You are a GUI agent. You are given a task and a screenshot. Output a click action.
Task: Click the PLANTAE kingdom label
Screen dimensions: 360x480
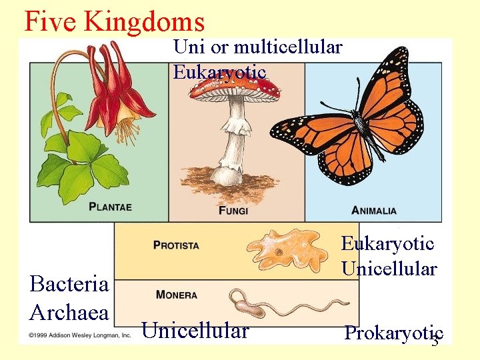(x=111, y=207)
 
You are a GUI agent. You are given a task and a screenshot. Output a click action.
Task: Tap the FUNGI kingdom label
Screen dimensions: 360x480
(x=233, y=211)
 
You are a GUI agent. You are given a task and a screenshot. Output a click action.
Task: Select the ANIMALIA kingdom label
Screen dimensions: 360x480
(x=373, y=211)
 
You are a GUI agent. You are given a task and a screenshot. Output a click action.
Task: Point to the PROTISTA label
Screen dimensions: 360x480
(x=176, y=245)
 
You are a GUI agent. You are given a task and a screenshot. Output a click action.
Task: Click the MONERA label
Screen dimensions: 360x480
(x=177, y=295)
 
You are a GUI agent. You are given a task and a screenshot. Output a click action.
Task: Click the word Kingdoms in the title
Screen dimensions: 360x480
(x=145, y=21)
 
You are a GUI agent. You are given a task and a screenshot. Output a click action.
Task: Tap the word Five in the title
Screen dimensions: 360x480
(x=51, y=21)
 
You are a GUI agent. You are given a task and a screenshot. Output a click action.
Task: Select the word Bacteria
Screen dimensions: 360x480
(x=69, y=284)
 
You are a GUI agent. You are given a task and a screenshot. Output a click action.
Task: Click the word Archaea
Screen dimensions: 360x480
(x=69, y=311)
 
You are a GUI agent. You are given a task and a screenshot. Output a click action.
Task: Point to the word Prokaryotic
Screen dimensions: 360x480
(x=393, y=333)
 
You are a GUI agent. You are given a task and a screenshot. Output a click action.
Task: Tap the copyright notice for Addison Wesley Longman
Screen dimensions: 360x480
(x=79, y=335)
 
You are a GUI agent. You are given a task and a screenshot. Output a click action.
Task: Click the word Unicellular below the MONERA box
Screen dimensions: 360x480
(x=195, y=331)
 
